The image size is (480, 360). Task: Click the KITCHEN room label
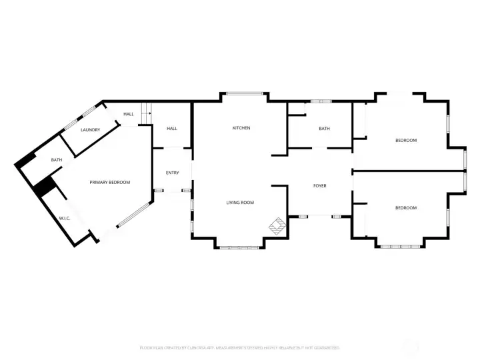[x=241, y=128]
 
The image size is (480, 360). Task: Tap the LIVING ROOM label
[x=240, y=203]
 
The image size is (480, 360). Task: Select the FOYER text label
[x=320, y=185]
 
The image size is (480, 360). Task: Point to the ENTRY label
[x=172, y=173]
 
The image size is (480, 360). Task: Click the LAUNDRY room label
[x=91, y=130]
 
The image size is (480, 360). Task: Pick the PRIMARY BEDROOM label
[x=110, y=182]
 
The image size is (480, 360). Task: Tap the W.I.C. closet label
[x=65, y=218]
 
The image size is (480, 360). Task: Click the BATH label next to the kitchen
[x=324, y=129]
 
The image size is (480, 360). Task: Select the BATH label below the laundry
[x=57, y=160]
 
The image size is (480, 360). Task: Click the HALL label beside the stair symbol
[x=128, y=114]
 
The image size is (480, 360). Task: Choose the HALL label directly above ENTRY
[x=172, y=128]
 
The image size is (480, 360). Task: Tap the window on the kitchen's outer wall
[x=244, y=93]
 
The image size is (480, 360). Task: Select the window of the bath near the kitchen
[x=321, y=101]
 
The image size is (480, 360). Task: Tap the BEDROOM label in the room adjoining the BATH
[x=406, y=140]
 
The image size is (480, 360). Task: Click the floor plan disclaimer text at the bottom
[x=240, y=347]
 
